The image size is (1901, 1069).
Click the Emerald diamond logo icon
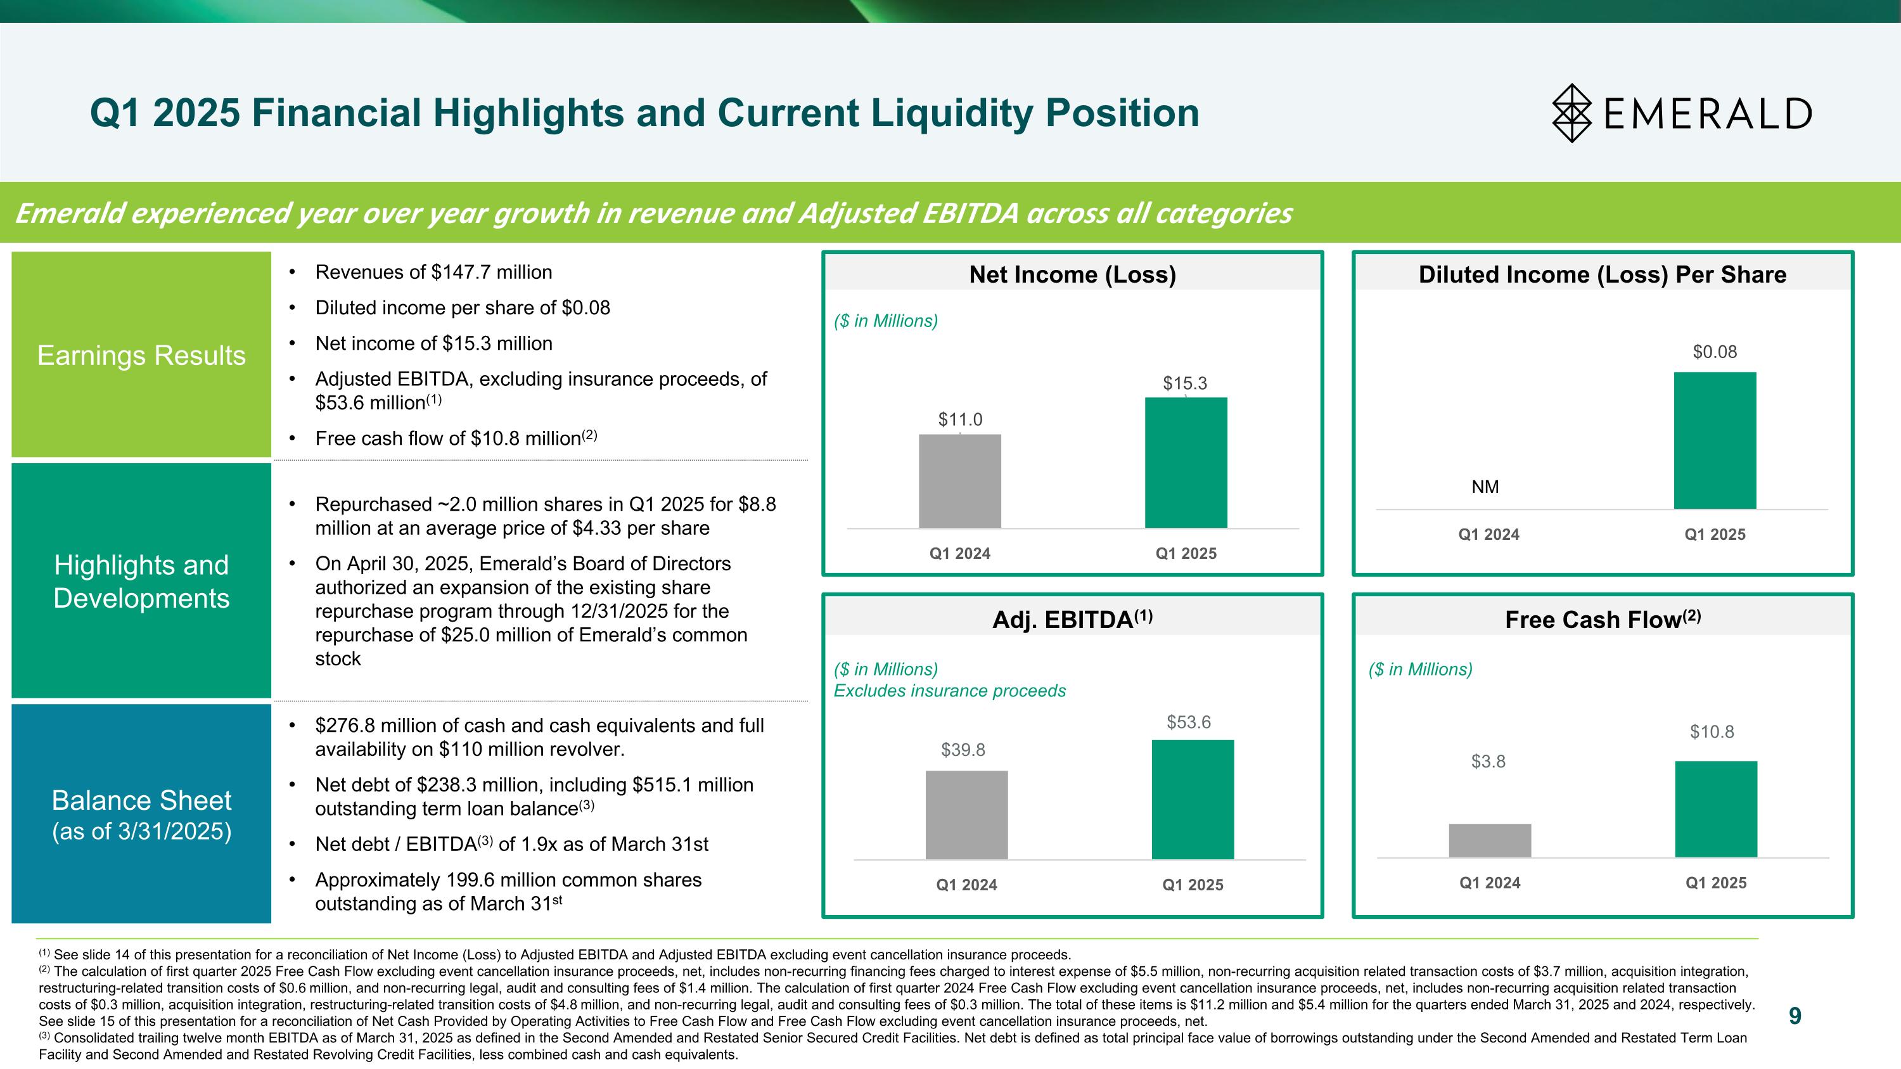[1572, 113]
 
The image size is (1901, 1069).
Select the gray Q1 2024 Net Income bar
[959, 481]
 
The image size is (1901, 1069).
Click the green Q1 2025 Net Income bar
[1185, 463]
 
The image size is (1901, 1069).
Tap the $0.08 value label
[1714, 352]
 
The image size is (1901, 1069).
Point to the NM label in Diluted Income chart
[1485, 487]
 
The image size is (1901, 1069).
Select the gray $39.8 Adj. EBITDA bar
[966, 814]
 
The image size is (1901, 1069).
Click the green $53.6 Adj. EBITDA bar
[1193, 799]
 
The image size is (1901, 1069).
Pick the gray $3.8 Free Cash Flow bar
[1489, 840]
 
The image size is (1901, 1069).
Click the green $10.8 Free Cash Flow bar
[1716, 809]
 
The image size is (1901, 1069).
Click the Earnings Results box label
[141, 355]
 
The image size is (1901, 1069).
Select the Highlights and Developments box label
[141, 581]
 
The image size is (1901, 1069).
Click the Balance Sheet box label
[141, 814]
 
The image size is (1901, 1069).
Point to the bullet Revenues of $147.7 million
[433, 272]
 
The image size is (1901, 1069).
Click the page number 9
[1795, 1016]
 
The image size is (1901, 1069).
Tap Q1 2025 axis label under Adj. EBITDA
[1193, 885]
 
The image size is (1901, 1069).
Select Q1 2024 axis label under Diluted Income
[1488, 534]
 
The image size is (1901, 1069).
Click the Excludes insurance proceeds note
[949, 691]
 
